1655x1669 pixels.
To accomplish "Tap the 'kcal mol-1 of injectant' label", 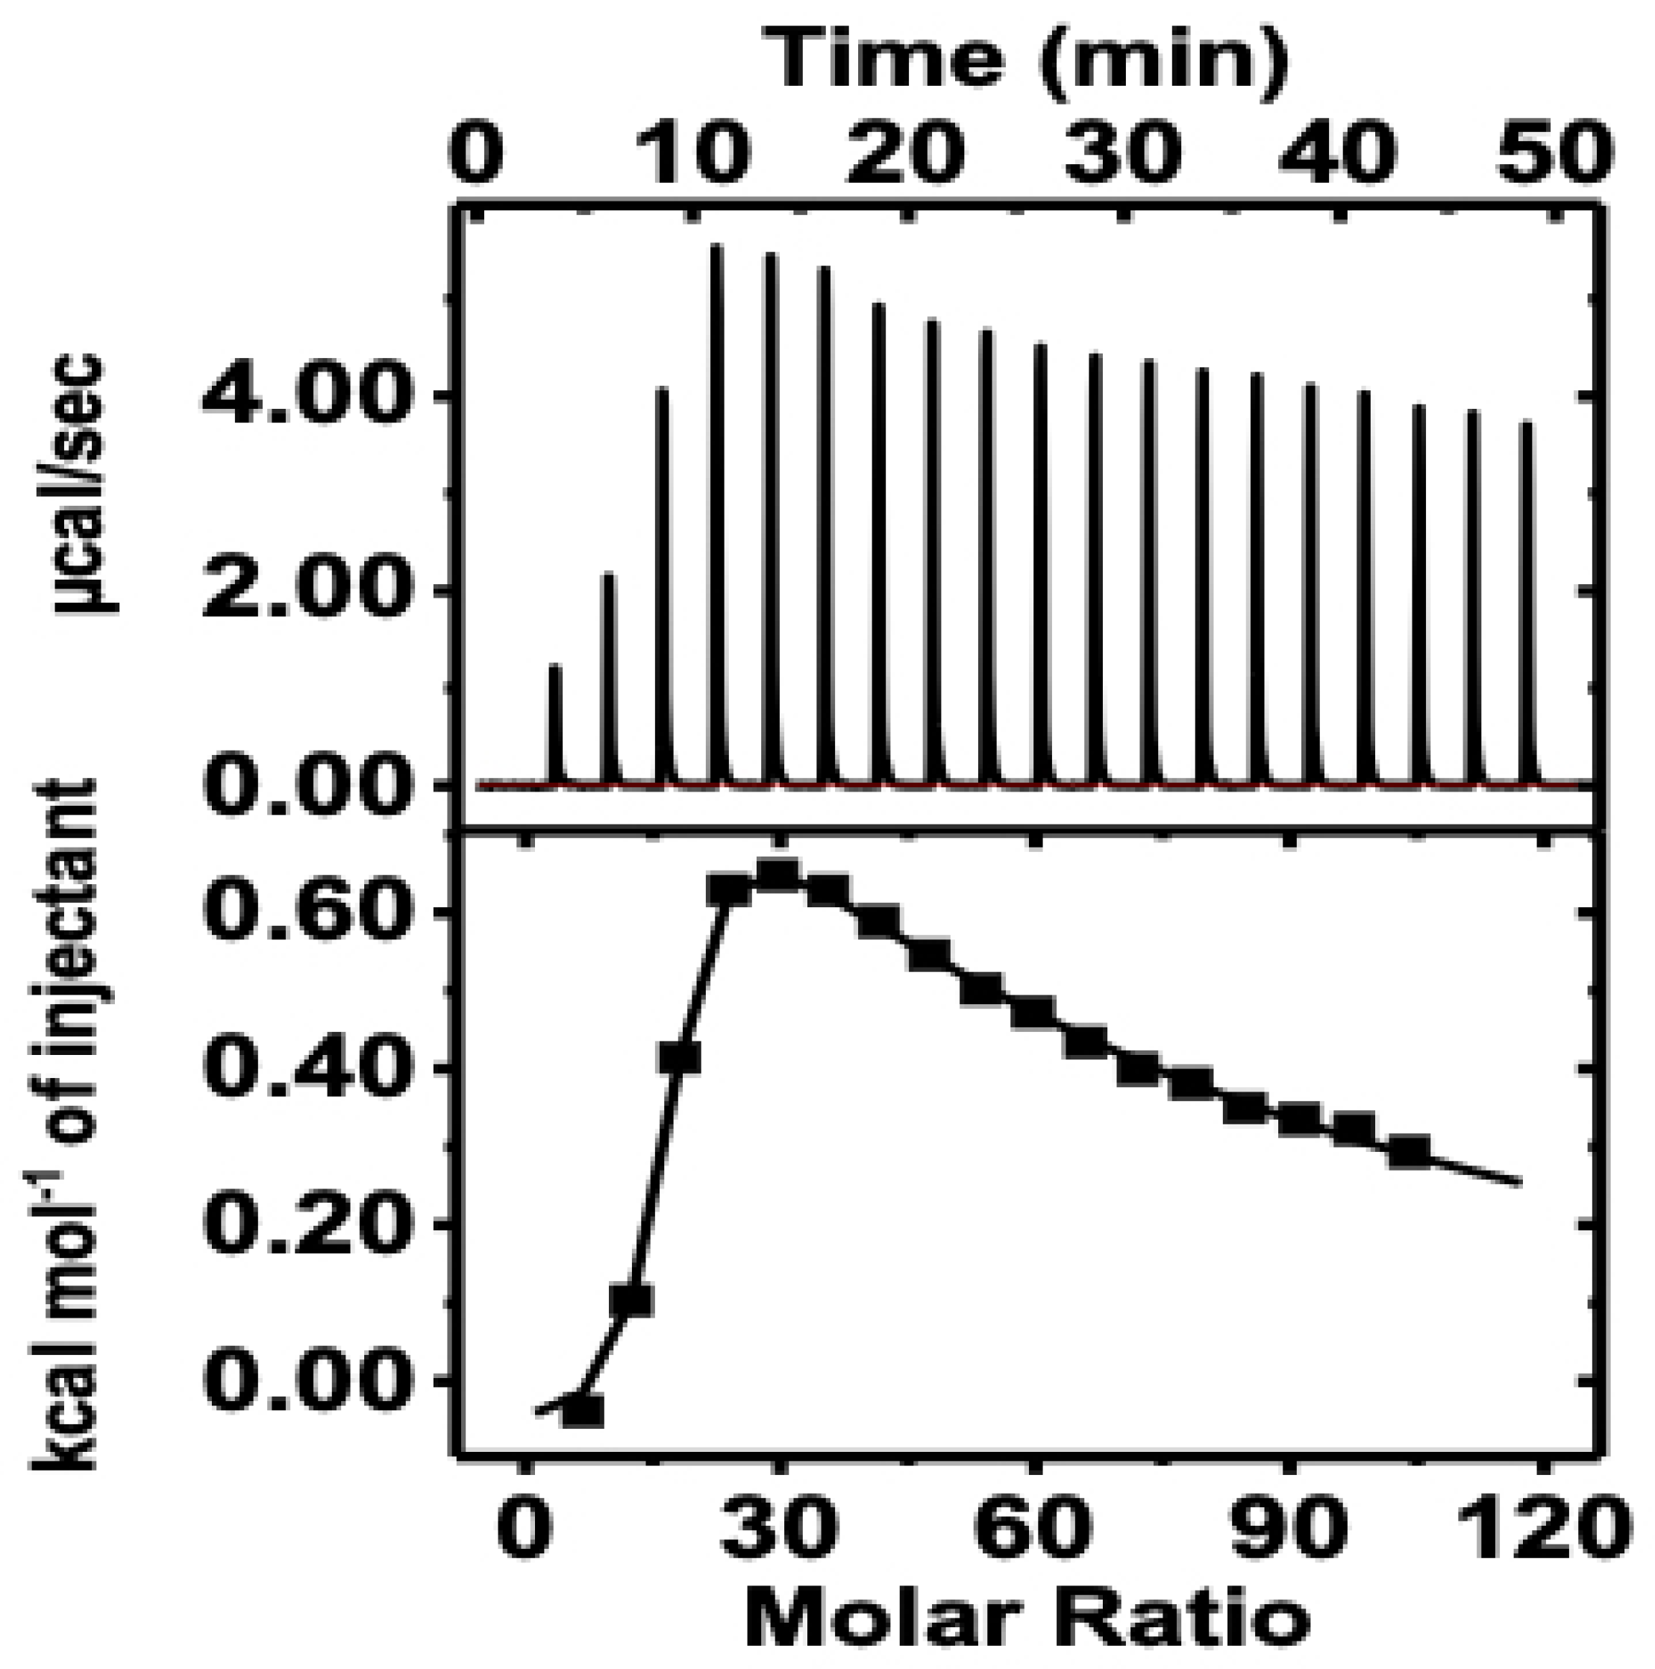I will click(x=64, y=1124).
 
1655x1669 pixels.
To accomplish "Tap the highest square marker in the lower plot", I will click(x=777, y=875).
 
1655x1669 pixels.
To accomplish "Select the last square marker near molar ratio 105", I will click(x=1410, y=1150).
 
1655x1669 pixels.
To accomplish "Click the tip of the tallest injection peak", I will click(x=717, y=248).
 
